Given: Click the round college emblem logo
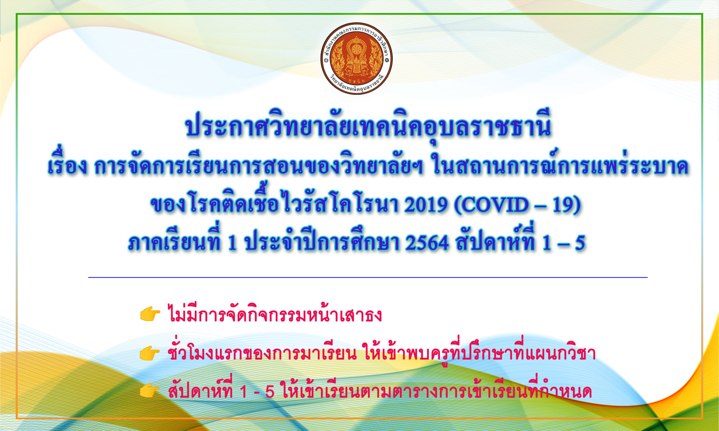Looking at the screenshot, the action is (x=356, y=58).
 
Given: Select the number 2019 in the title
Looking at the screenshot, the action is (x=426, y=205).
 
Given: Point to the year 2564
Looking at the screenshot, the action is (x=427, y=243).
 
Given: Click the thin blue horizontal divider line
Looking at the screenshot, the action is (x=368, y=277).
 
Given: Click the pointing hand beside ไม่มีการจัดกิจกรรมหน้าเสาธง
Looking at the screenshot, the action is (x=150, y=314).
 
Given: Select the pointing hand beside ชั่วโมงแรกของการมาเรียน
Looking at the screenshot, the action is (x=150, y=353).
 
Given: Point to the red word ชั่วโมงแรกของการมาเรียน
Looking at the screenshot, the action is (x=262, y=352).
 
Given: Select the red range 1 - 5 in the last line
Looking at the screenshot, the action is (x=257, y=392).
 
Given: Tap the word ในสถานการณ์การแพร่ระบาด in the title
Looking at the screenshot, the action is (x=560, y=164).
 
